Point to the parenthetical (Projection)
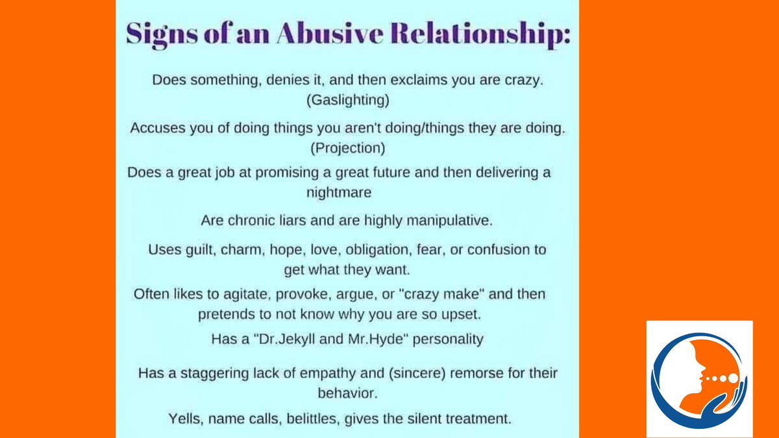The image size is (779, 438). pyautogui.click(x=347, y=147)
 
